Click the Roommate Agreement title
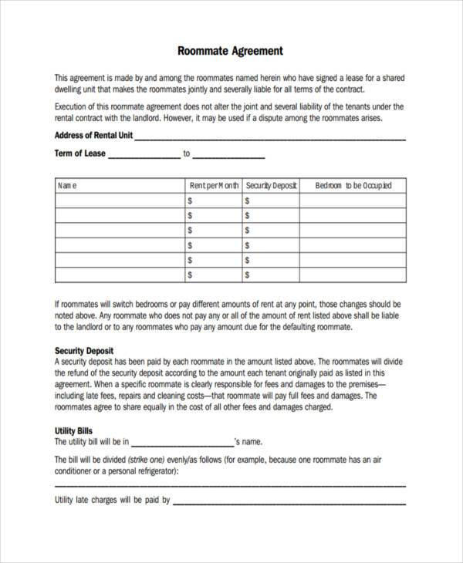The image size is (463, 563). [230, 52]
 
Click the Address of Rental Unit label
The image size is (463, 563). [93, 135]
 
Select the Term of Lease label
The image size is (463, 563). [79, 153]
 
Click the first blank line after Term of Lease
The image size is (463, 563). [143, 157]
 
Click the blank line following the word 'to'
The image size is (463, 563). [228, 157]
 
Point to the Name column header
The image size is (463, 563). [68, 185]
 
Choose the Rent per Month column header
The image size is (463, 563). [214, 185]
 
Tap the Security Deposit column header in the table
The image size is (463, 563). [271, 185]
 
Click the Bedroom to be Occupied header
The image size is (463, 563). [353, 185]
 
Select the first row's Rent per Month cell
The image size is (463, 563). [214, 201]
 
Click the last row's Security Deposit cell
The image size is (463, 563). [271, 275]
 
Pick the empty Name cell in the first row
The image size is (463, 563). [120, 201]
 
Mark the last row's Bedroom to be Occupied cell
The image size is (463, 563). [353, 275]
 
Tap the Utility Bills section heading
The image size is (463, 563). [74, 431]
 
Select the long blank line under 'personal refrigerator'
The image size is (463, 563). [230, 485]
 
